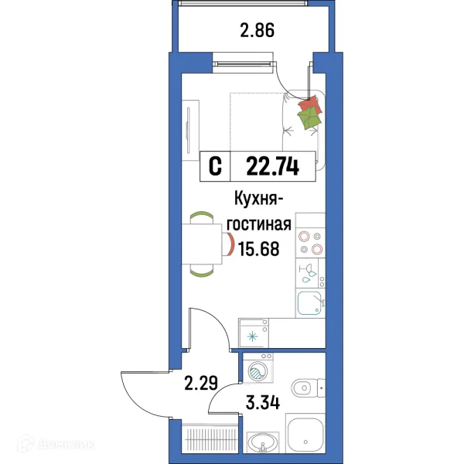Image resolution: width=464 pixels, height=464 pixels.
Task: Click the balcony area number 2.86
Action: pyautogui.click(x=258, y=32)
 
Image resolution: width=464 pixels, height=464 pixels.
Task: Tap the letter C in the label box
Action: pyautogui.click(x=216, y=165)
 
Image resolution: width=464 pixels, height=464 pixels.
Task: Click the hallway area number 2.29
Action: pyautogui.click(x=199, y=381)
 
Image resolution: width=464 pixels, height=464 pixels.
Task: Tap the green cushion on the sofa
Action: pyautogui.click(x=309, y=118)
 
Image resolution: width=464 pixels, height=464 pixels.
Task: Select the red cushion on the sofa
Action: pyautogui.click(x=309, y=104)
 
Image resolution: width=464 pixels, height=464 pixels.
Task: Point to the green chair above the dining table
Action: pyautogui.click(x=203, y=217)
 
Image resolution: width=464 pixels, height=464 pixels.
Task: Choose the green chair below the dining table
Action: pyautogui.click(x=203, y=271)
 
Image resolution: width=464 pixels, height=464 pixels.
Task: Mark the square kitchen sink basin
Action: pyautogui.click(x=309, y=303)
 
